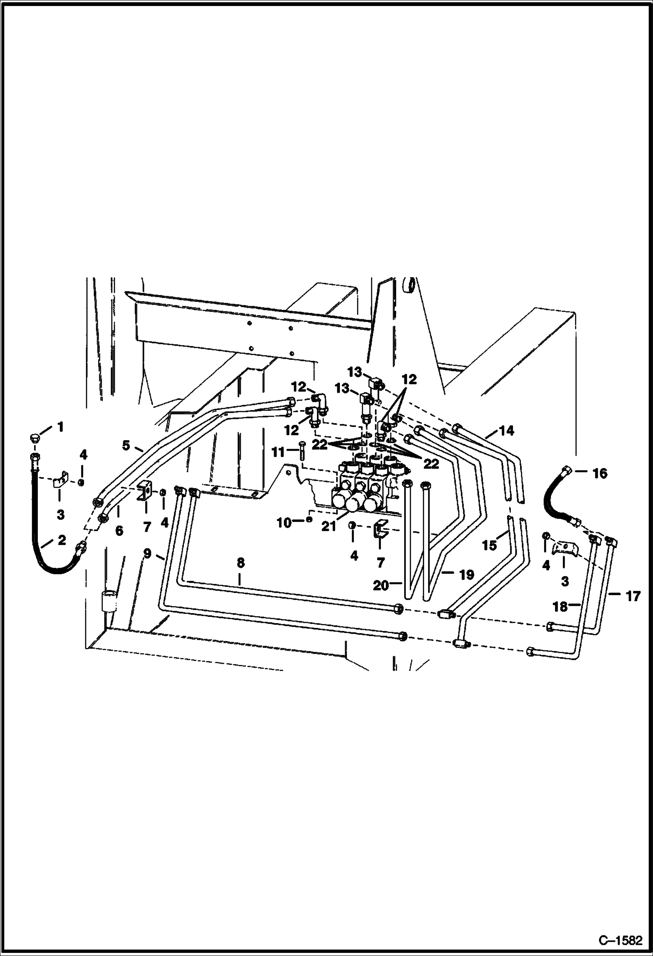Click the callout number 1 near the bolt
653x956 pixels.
pyautogui.click(x=61, y=427)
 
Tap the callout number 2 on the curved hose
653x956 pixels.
pyautogui.click(x=61, y=540)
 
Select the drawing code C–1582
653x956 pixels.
pyautogui.click(x=620, y=939)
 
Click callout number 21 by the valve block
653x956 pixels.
pyautogui.click(x=329, y=526)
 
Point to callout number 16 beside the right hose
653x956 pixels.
pyautogui.click(x=600, y=473)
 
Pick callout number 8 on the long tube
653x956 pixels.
pyautogui.click(x=240, y=563)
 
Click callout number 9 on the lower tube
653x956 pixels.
pyautogui.click(x=148, y=553)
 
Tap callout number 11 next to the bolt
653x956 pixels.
pyautogui.click(x=278, y=452)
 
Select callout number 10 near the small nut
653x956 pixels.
pyautogui.click(x=284, y=522)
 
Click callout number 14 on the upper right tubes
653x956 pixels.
pyautogui.click(x=506, y=431)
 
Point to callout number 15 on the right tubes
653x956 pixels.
pyautogui.click(x=490, y=545)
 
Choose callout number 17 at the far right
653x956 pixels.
pyautogui.click(x=633, y=596)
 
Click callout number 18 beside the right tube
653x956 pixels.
pyautogui.click(x=560, y=607)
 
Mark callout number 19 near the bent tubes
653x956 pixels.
pyautogui.click(x=466, y=575)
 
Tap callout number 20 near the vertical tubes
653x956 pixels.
pyautogui.click(x=381, y=586)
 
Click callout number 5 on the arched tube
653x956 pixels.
pyautogui.click(x=126, y=445)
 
